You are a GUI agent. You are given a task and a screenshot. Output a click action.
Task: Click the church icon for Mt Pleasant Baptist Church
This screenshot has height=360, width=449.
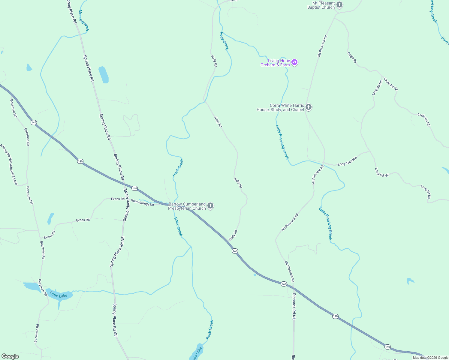tap(339, 5)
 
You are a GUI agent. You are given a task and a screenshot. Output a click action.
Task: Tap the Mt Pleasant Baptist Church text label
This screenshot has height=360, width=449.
tap(321, 5)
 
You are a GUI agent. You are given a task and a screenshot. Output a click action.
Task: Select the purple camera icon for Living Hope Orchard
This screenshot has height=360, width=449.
tap(294, 62)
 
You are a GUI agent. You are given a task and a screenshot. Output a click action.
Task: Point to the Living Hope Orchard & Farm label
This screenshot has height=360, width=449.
tap(275, 63)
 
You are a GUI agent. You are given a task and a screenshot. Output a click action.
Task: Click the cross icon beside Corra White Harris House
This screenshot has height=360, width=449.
tap(308, 107)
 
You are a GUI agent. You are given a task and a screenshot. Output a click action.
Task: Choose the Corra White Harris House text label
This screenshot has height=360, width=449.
tap(280, 107)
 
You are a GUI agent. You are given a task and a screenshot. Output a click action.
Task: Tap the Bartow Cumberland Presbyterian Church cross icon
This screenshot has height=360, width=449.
tap(210, 206)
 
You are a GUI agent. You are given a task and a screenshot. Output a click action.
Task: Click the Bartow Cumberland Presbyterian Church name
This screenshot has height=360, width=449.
tap(187, 206)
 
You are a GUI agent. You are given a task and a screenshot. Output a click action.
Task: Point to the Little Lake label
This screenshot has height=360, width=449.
tap(59, 295)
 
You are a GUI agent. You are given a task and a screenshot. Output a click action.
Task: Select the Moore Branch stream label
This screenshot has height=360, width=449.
tap(84, 20)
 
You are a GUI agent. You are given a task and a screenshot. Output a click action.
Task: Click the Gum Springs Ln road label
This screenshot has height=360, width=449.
tap(142, 202)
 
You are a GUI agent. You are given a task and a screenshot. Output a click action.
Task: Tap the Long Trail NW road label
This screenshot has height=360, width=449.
tap(347, 161)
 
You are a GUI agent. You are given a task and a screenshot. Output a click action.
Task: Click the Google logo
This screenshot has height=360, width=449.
tap(10, 356)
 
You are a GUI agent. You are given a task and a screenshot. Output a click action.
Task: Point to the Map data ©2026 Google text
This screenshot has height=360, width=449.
tap(430, 358)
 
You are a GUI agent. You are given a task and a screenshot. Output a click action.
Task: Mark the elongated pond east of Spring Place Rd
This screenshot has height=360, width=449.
tap(104, 75)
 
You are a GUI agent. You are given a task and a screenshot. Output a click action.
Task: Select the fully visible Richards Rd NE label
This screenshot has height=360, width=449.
tap(294, 307)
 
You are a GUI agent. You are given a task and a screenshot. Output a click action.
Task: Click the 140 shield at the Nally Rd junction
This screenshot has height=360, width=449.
tap(235, 251)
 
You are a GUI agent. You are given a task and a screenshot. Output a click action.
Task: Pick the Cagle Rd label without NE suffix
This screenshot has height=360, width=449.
tap(352, 57)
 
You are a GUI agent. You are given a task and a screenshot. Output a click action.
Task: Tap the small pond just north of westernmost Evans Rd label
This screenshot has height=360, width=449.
tap(50, 218)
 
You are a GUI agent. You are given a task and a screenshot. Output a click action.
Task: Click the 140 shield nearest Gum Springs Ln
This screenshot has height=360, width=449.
tap(134, 188)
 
